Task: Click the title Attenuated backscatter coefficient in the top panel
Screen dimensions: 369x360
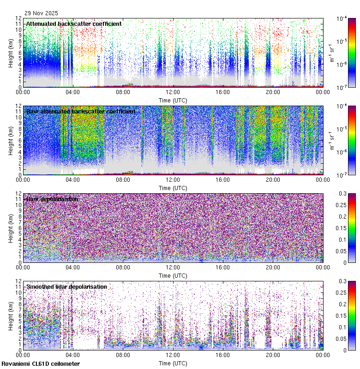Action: click(74, 24)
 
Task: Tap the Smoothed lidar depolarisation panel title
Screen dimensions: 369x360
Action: click(66, 286)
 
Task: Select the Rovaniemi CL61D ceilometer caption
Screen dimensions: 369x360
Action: click(40, 364)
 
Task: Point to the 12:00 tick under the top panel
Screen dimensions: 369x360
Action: click(173, 92)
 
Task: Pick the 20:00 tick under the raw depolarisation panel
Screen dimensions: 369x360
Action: click(273, 267)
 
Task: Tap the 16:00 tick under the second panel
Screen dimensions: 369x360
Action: click(223, 179)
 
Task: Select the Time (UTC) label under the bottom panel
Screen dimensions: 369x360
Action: click(173, 363)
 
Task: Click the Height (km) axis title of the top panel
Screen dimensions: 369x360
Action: click(11, 53)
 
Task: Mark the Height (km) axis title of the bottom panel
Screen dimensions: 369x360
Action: click(11, 315)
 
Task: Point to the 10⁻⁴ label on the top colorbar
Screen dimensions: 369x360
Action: click(342, 19)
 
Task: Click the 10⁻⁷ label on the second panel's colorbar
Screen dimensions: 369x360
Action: click(342, 175)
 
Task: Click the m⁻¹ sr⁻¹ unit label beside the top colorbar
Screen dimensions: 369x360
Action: click(332, 53)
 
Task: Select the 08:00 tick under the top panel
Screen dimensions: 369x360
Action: click(123, 92)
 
